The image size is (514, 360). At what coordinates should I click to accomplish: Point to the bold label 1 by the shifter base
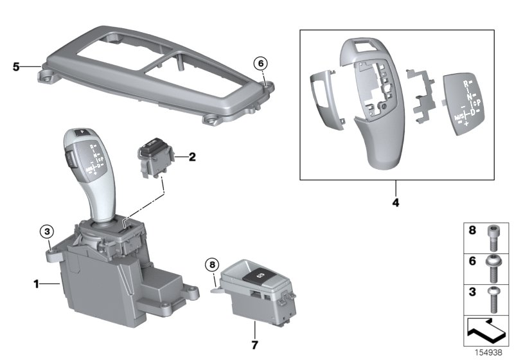click(x=37, y=283)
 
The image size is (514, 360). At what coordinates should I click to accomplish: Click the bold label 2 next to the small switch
click(x=191, y=156)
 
